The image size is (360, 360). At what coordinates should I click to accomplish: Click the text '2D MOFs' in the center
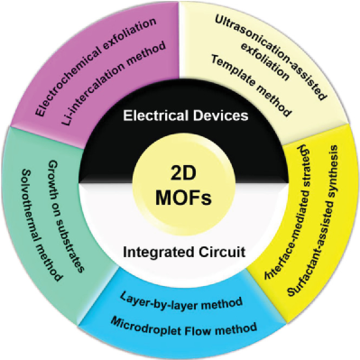point(181,182)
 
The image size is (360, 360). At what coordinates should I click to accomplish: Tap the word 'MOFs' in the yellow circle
point(181,196)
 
